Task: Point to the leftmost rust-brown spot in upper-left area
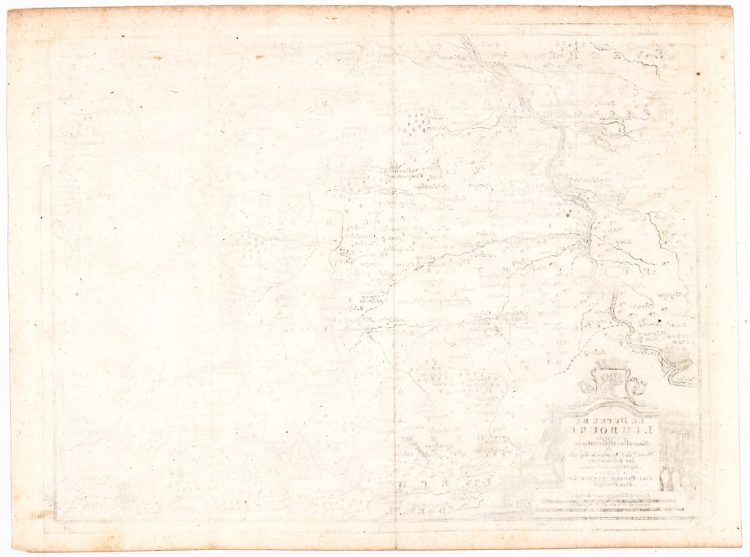point(156,57)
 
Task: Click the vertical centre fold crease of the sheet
point(393,273)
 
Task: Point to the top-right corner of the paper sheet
point(731,8)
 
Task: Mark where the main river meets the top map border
point(465,38)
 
